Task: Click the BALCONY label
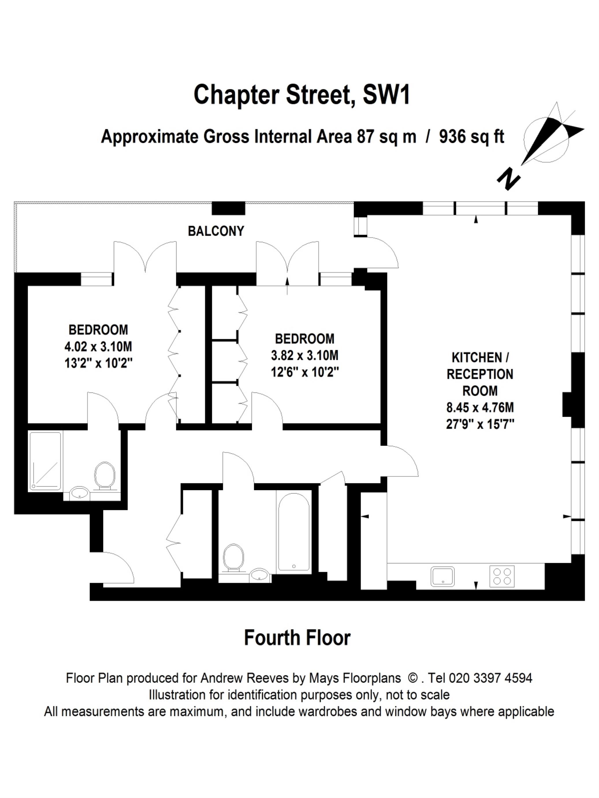point(216,231)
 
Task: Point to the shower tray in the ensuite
point(46,461)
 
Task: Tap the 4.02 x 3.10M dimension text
point(98,347)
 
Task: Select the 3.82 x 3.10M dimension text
point(304,356)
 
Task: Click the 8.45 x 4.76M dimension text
point(480,408)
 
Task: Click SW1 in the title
point(386,95)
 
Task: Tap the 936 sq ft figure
point(472,137)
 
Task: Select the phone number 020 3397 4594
point(490,678)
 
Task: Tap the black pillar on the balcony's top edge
point(228,208)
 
